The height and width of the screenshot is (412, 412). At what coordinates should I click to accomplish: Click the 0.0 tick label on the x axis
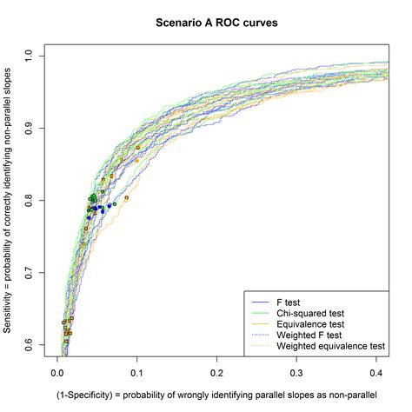56,372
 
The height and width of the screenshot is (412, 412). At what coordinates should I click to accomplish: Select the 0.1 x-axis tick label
136,372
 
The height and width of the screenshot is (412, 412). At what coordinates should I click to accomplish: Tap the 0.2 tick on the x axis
216,372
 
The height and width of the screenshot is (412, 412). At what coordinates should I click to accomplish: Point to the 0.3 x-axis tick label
295,372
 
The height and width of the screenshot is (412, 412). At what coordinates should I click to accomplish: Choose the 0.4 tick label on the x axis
374,372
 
